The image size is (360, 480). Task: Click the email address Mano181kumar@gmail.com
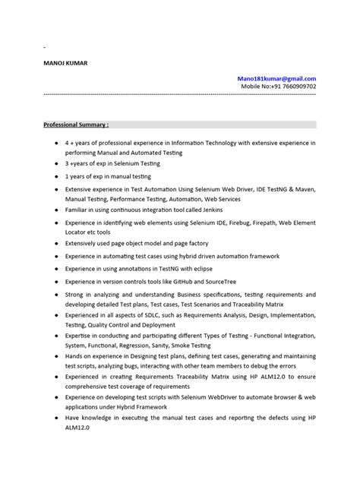click(x=277, y=78)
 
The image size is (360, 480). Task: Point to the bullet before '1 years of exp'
click(x=58, y=175)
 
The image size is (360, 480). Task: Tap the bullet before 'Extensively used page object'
click(x=58, y=245)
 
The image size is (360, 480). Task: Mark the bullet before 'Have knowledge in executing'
click(x=58, y=418)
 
